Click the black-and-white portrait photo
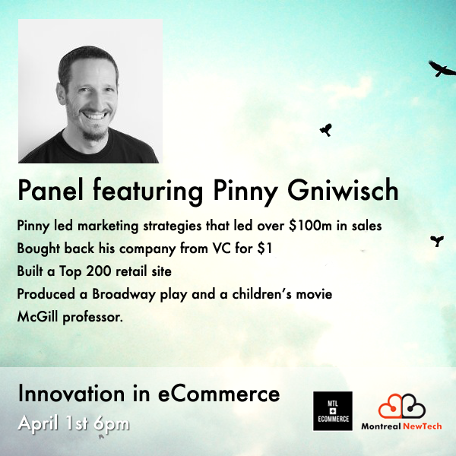pyautogui.click(x=90, y=91)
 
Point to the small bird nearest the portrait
pyautogui.click(x=325, y=130)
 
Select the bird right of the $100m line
pyautogui.click(x=437, y=241)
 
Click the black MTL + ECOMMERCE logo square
pyautogui.click(x=333, y=411)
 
